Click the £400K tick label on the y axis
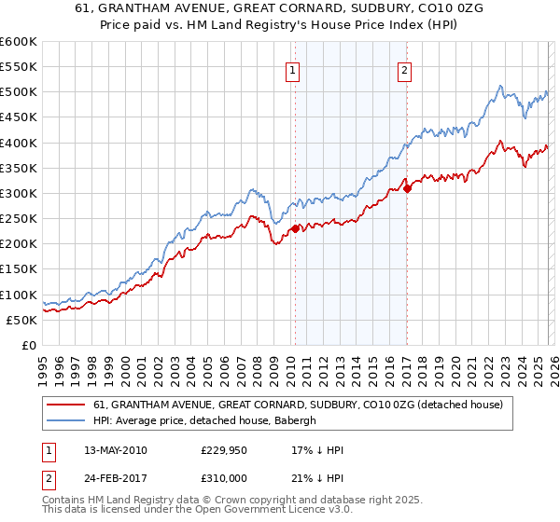pyautogui.click(x=19, y=143)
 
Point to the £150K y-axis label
pyautogui.click(x=19, y=269)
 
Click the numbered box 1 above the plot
pyautogui.click(x=293, y=68)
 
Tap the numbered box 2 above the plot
pyautogui.click(x=405, y=68)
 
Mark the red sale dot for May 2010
pyautogui.click(x=295, y=228)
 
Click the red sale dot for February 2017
pyautogui.click(x=407, y=188)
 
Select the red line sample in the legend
pyautogui.click(x=65, y=405)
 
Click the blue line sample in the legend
pyautogui.click(x=65, y=420)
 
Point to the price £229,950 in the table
pyautogui.click(x=224, y=450)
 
